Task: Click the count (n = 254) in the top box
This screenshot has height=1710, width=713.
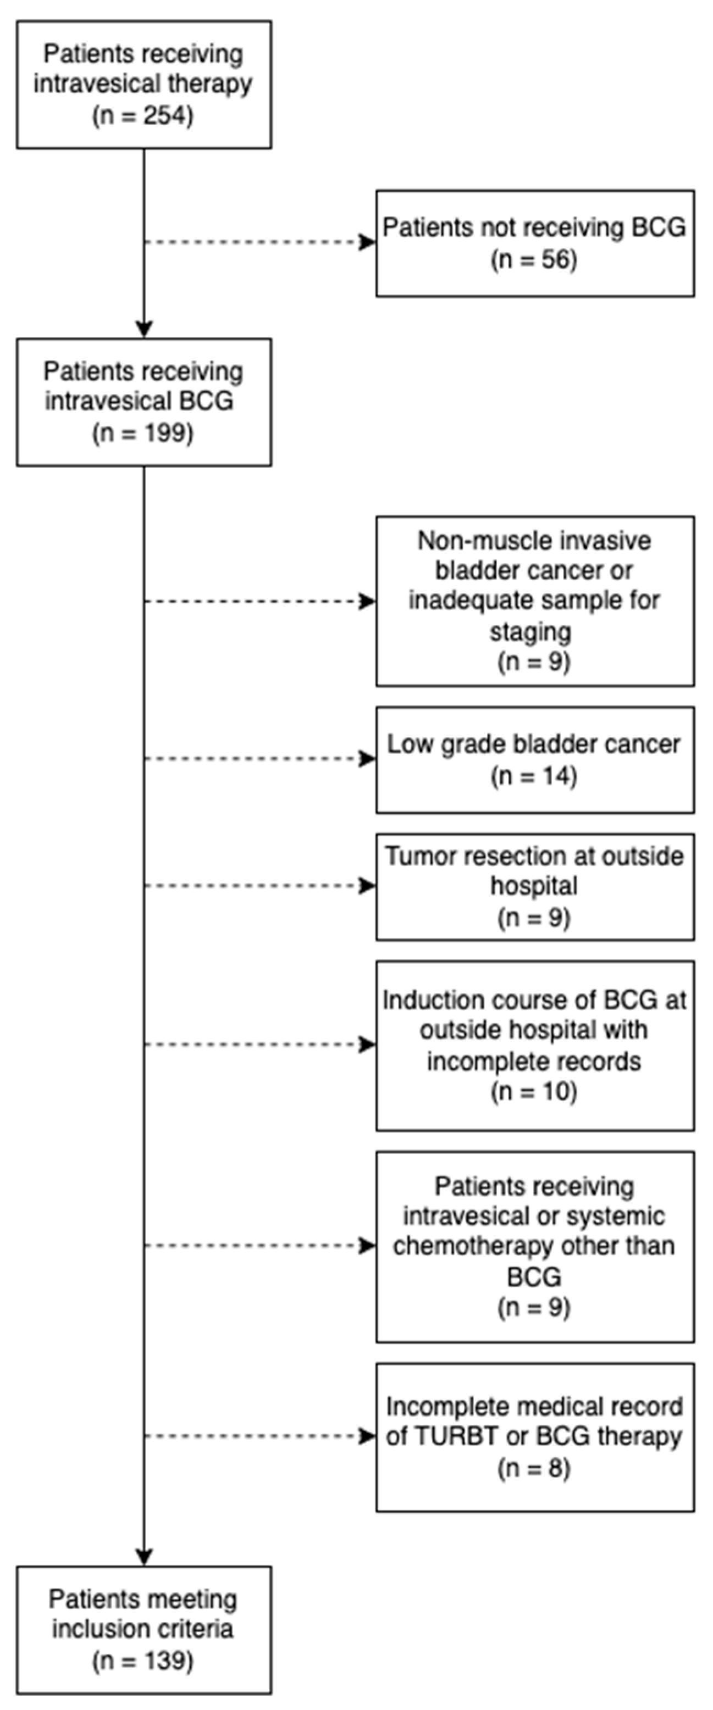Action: tap(143, 115)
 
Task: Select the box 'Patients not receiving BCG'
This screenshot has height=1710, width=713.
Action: tap(534, 243)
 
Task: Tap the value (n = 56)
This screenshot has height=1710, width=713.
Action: tap(534, 259)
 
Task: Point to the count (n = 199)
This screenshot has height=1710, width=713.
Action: tap(143, 434)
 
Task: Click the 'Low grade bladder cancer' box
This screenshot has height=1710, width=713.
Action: tap(534, 759)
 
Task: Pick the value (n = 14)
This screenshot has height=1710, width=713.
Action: tap(534, 776)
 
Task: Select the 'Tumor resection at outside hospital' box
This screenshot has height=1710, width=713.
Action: tap(534, 886)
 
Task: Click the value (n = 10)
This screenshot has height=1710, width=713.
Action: tap(534, 1092)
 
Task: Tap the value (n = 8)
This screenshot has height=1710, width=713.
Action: tap(534, 1468)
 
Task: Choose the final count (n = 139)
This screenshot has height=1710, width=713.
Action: tap(143, 1661)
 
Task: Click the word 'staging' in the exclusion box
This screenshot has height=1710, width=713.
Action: tap(530, 631)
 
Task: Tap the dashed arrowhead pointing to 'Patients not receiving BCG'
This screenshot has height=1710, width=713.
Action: tap(368, 242)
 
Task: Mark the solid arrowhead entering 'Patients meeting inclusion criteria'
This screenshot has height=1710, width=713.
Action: tap(144, 1557)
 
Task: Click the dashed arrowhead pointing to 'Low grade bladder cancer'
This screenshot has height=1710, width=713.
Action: tap(368, 759)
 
